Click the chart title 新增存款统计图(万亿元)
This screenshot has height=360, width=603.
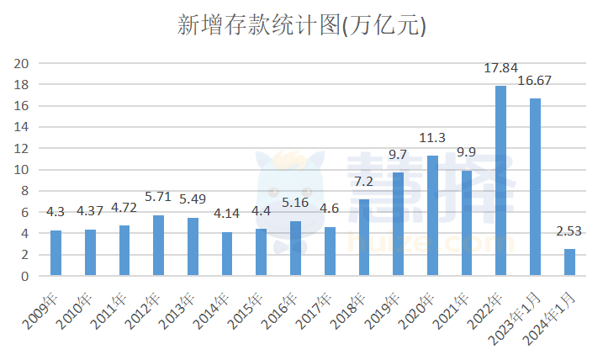pos(301,26)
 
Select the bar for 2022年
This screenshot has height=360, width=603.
pos(501,181)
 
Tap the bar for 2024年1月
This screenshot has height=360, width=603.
pos(569,262)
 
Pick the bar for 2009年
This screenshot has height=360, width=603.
pos(56,253)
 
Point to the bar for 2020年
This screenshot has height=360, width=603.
pos(432,216)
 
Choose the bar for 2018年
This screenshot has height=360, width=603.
pos(364,238)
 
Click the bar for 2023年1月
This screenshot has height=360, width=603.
pos(535,187)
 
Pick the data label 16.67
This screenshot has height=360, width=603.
pos(535,82)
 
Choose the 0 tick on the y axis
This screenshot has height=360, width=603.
pos(25,276)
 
